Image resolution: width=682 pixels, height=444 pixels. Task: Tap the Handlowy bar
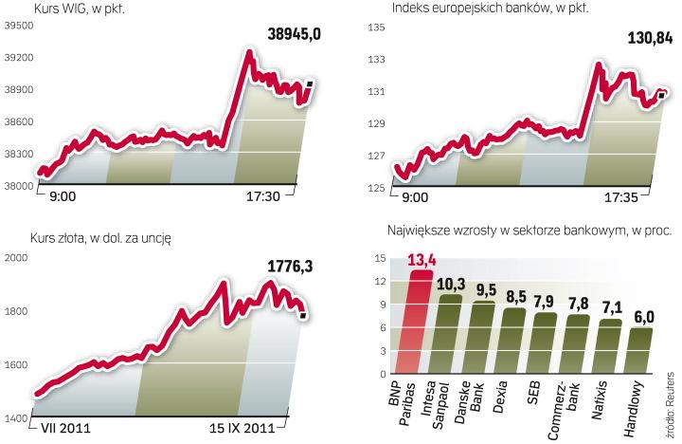(641, 350)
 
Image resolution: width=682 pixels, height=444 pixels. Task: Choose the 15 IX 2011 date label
(242, 427)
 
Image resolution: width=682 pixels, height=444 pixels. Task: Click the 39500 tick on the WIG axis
(19, 27)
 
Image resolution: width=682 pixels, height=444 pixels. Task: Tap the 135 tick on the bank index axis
(374, 28)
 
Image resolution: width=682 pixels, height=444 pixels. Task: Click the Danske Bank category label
(484, 400)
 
